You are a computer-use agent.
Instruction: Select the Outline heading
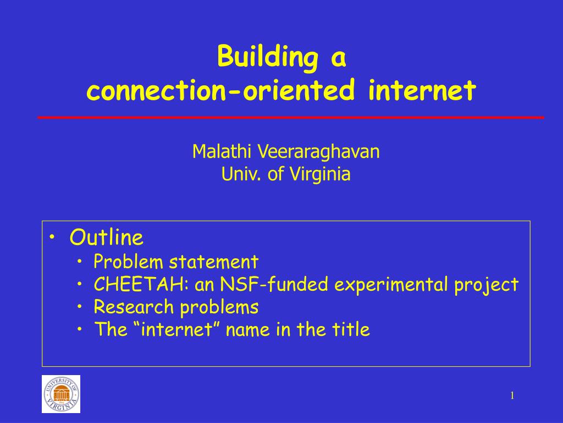106,238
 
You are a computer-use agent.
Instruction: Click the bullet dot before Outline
52,238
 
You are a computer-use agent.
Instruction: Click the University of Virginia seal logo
61,394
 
